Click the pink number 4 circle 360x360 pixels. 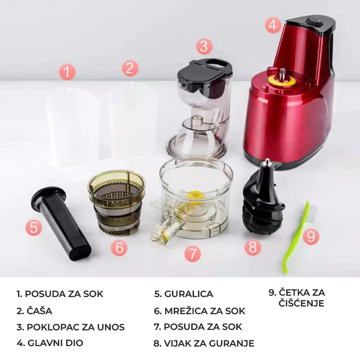[273, 25]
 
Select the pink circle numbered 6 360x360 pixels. [119, 247]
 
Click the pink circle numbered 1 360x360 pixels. [67, 72]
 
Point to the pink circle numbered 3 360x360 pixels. [204, 46]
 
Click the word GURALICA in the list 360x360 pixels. [189, 294]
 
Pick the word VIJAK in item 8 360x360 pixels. [177, 343]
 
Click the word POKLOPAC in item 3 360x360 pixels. [50, 327]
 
